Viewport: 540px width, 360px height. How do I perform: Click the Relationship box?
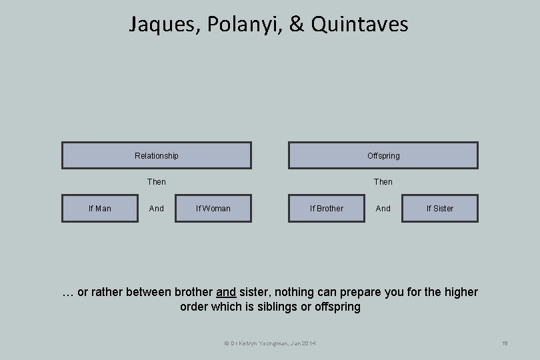click(157, 155)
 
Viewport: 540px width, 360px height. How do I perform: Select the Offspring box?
click(383, 155)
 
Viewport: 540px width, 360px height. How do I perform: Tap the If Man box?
click(100, 209)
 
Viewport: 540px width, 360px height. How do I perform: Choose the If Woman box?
click(213, 209)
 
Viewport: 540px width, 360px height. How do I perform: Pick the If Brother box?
click(327, 209)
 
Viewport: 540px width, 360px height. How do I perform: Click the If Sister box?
click(440, 209)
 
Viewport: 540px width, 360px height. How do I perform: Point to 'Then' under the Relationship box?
click(157, 182)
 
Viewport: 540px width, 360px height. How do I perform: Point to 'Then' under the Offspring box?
click(383, 182)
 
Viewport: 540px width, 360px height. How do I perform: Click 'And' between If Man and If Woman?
click(157, 209)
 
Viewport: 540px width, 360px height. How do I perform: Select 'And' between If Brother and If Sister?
click(383, 209)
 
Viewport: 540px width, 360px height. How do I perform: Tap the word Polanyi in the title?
click(235, 25)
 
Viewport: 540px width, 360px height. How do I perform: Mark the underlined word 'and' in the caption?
click(226, 293)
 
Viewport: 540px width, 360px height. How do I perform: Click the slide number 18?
click(505, 343)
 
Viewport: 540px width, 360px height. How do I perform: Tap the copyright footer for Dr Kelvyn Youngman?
click(270, 343)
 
